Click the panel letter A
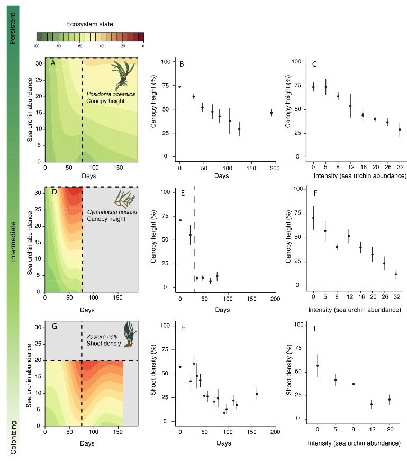53,63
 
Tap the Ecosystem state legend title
90,24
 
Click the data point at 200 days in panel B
272,113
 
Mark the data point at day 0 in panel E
180,220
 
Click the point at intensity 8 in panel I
353,384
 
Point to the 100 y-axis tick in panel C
298,62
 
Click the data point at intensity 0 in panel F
313,218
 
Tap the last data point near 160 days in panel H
257,394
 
